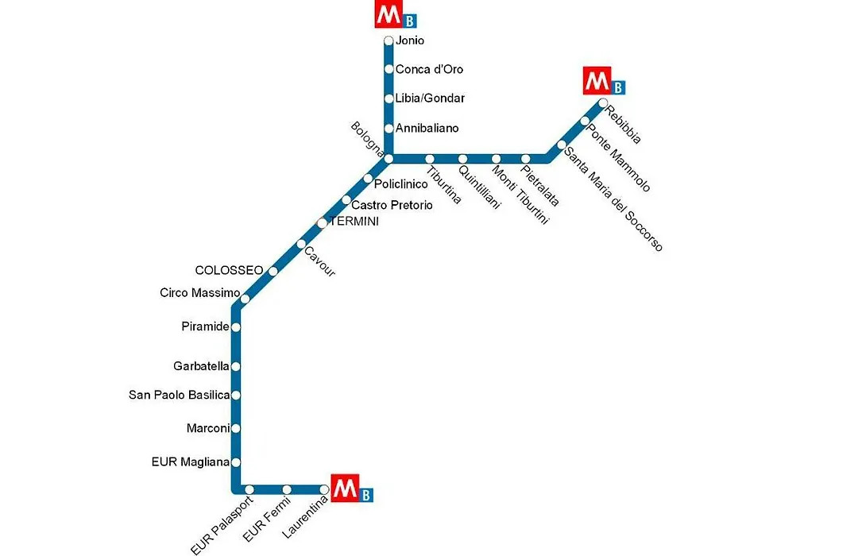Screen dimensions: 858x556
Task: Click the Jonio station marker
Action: pyautogui.click(x=388, y=41)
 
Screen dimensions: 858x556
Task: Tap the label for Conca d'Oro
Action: pyautogui.click(x=429, y=70)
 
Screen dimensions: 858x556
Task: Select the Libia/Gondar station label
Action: pyautogui.click(x=430, y=98)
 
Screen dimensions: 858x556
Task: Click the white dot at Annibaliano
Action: pyautogui.click(x=388, y=129)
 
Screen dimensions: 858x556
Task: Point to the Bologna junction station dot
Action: pyautogui.click(x=388, y=159)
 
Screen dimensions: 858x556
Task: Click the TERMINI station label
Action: pyautogui.click(x=354, y=222)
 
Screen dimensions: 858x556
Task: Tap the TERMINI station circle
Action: pyautogui.click(x=323, y=223)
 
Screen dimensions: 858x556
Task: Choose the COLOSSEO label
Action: pyautogui.click(x=230, y=270)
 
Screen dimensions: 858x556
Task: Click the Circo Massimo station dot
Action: pyautogui.click(x=245, y=299)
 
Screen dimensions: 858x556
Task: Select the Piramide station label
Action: pyautogui.click(x=205, y=326)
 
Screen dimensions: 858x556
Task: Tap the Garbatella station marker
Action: pyautogui.click(x=236, y=367)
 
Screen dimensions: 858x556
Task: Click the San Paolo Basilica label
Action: pyautogui.click(x=180, y=395)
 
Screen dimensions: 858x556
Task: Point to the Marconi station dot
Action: pyautogui.click(x=236, y=428)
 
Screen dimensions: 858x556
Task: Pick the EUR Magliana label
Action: pyautogui.click(x=191, y=462)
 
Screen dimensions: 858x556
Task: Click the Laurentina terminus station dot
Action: pyautogui.click(x=324, y=489)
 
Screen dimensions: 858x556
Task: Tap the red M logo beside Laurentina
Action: pyautogui.click(x=346, y=488)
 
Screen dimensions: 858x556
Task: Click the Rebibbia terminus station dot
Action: pyautogui.click(x=603, y=103)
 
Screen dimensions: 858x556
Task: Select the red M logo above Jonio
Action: pyautogui.click(x=389, y=14)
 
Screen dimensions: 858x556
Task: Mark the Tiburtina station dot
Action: pyautogui.click(x=430, y=159)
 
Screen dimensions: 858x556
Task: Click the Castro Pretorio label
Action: pyautogui.click(x=392, y=205)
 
